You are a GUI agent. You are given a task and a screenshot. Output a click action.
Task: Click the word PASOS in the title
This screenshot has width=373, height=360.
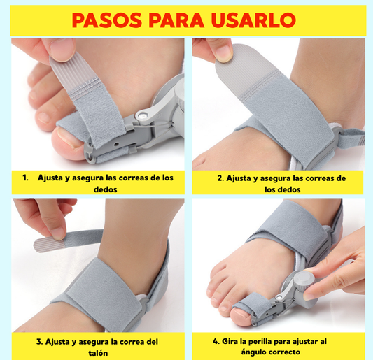coord(107,20)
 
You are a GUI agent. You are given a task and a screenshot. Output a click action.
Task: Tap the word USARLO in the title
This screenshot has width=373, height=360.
coord(253,20)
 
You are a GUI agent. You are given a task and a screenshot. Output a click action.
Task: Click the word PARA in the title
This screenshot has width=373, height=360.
coord(176,20)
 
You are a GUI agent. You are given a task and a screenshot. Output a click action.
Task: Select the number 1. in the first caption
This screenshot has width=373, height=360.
coord(25,178)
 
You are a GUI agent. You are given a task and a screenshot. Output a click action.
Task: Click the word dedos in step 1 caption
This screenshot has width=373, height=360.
coord(106,189)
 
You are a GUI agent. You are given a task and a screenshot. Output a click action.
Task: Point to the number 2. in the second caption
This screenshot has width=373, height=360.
coord(220,178)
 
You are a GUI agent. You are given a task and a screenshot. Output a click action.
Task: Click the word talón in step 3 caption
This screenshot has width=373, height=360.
coord(98,353)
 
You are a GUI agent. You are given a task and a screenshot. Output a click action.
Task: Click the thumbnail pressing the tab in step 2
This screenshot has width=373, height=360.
coord(223,54)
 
